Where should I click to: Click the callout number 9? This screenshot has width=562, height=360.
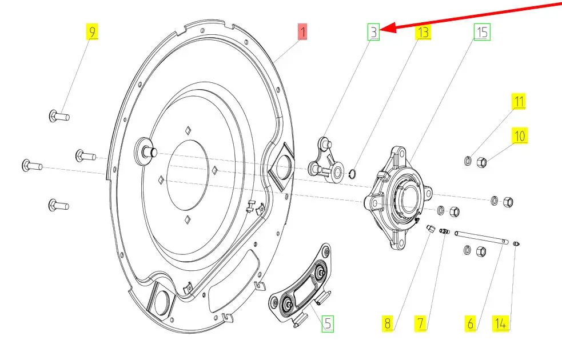click(91, 31)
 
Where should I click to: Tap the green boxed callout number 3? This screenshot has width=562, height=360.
click(373, 32)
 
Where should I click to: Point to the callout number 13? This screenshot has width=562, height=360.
click(423, 32)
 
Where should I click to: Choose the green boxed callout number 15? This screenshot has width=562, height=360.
click(482, 32)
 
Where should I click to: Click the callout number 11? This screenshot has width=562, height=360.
click(519, 102)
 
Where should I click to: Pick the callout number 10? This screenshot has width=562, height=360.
click(520, 136)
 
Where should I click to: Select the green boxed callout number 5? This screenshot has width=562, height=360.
click(327, 324)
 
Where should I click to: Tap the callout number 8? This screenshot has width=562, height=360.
click(388, 324)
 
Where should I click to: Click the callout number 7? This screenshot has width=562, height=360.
click(420, 324)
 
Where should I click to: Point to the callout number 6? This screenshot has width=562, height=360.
click(471, 324)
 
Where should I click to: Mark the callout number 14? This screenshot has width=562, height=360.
click(501, 324)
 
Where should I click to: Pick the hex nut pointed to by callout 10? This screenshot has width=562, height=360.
click(481, 162)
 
